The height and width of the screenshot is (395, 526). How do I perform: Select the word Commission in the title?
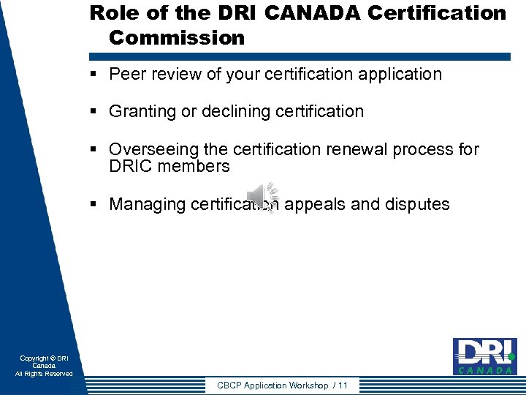[x=177, y=38]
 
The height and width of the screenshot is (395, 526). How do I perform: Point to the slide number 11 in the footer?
[x=343, y=385]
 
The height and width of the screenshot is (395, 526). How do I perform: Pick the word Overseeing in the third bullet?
[x=153, y=149]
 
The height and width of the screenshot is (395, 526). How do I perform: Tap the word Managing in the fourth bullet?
[x=147, y=204]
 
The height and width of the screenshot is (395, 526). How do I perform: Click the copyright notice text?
[x=44, y=366]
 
